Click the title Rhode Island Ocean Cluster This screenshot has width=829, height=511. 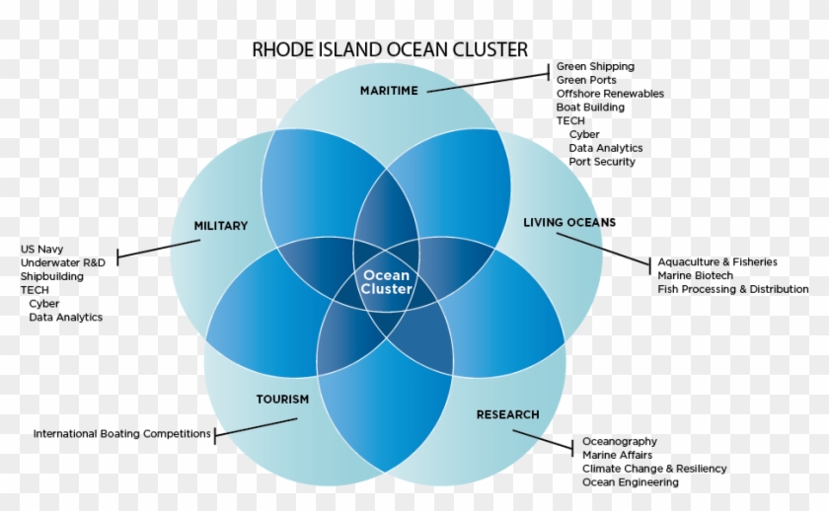(x=390, y=49)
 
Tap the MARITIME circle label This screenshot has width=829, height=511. (x=389, y=91)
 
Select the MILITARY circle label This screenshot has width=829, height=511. (x=221, y=226)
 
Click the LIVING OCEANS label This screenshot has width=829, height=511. (x=569, y=223)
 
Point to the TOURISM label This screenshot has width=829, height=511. (x=283, y=400)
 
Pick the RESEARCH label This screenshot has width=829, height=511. (x=508, y=414)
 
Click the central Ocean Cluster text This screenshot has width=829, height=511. (x=387, y=282)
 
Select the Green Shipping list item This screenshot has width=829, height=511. (x=595, y=67)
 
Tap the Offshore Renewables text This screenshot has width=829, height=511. (x=610, y=94)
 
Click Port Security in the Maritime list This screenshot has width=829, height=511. (x=602, y=162)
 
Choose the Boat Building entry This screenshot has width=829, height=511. (x=590, y=108)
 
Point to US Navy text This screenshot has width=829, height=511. (x=41, y=250)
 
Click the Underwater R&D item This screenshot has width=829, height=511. (x=63, y=263)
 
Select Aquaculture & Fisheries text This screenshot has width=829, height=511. (x=717, y=262)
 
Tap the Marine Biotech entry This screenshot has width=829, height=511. (x=696, y=276)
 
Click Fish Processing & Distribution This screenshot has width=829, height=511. (x=733, y=290)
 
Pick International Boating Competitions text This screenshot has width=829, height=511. (x=122, y=434)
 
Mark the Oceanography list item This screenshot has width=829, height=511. (x=620, y=442)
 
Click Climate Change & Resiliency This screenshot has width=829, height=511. (x=654, y=469)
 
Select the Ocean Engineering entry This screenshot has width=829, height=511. (x=631, y=482)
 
